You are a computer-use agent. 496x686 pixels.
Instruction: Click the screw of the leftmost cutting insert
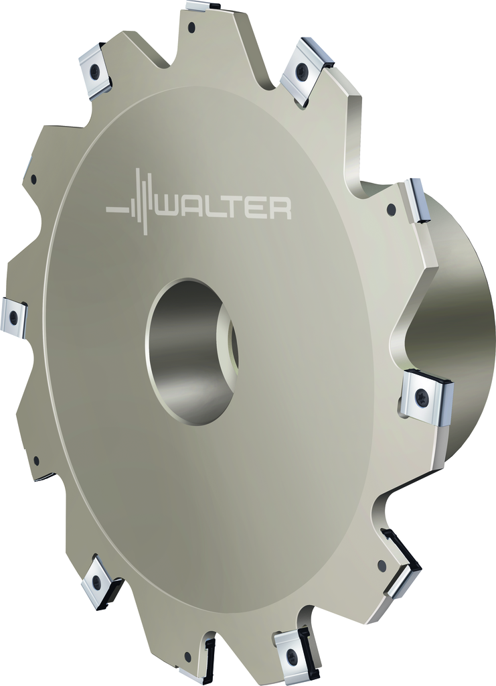click(15, 315)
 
